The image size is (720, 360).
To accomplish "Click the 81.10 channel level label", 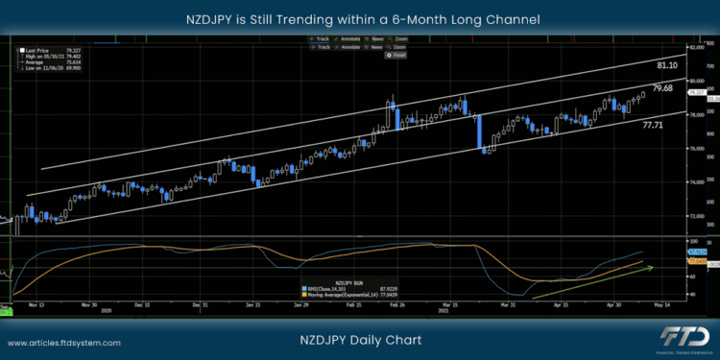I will point(668,65).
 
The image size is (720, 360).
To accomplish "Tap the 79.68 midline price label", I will point(662,88).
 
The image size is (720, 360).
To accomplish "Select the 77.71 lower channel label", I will point(654,126).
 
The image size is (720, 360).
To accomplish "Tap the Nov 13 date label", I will point(36,304).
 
